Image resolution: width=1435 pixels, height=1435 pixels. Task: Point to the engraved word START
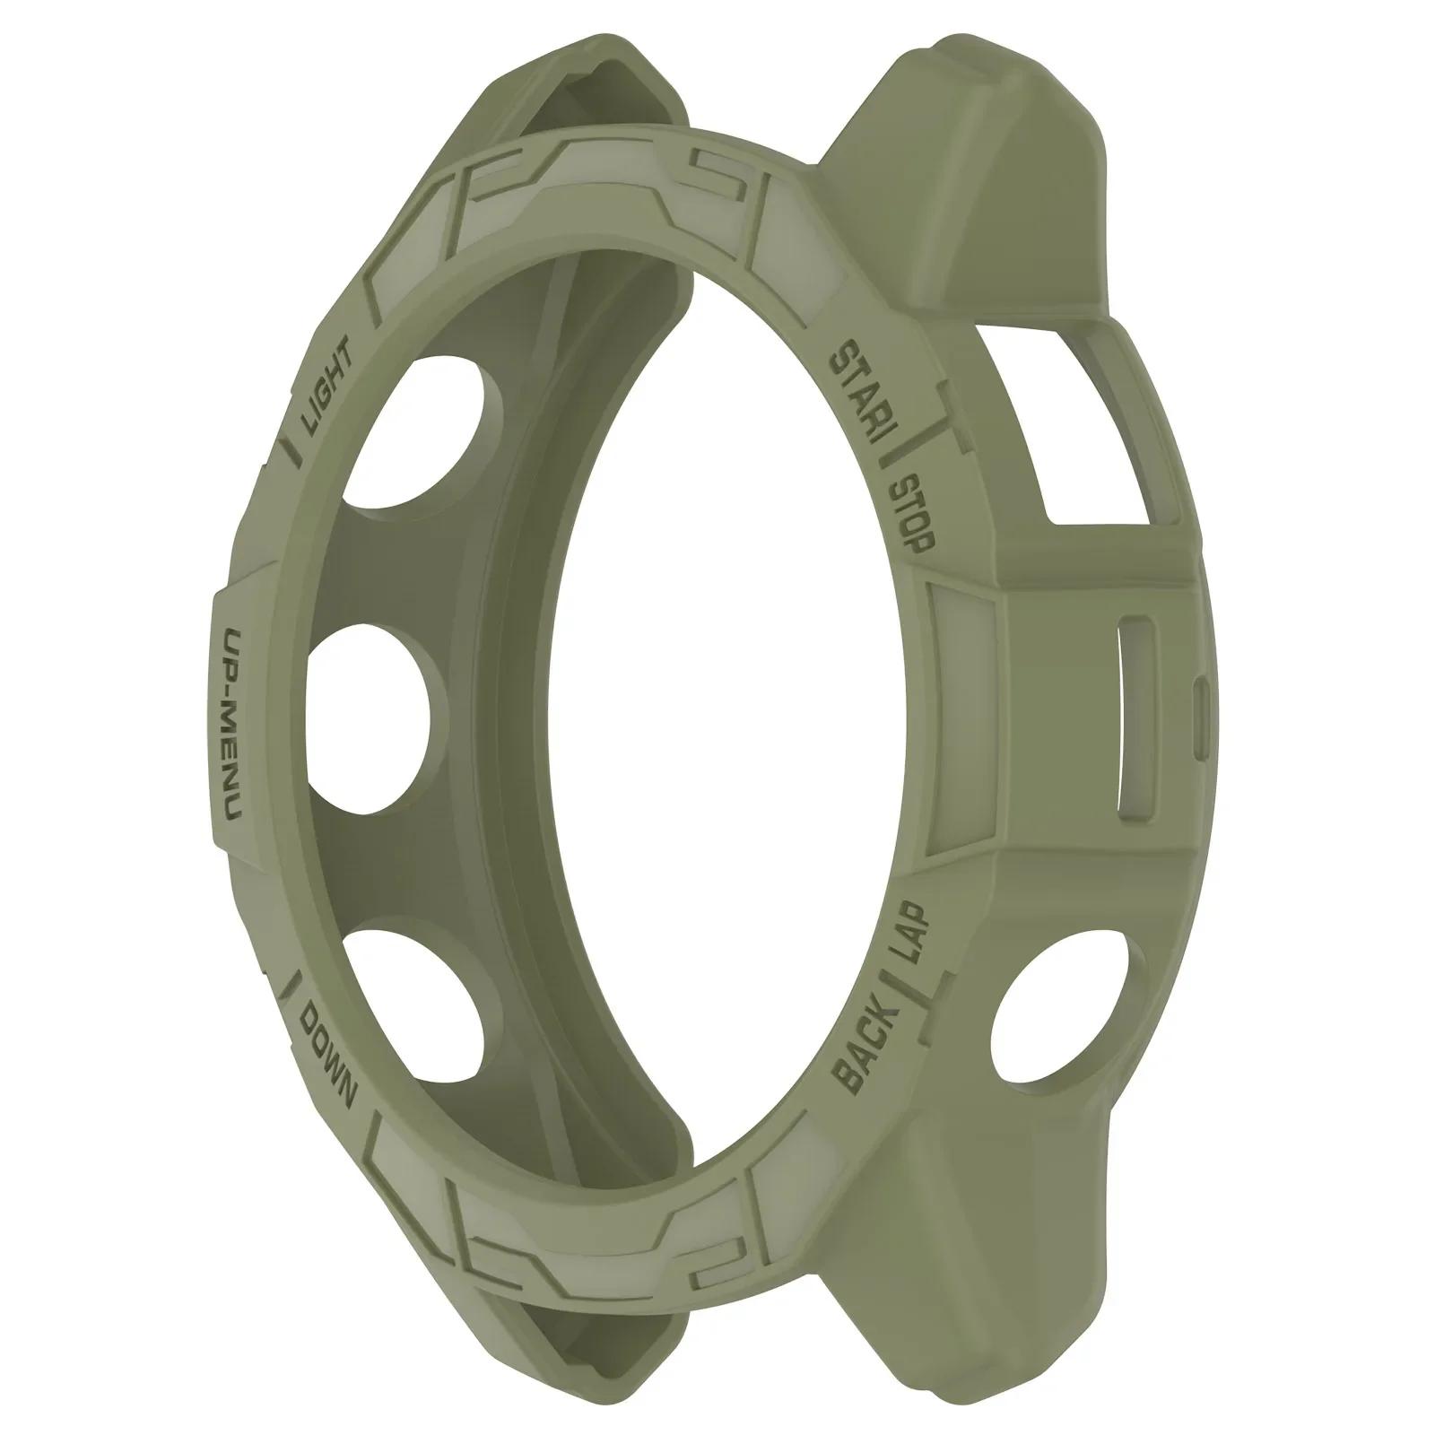click(858, 399)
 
